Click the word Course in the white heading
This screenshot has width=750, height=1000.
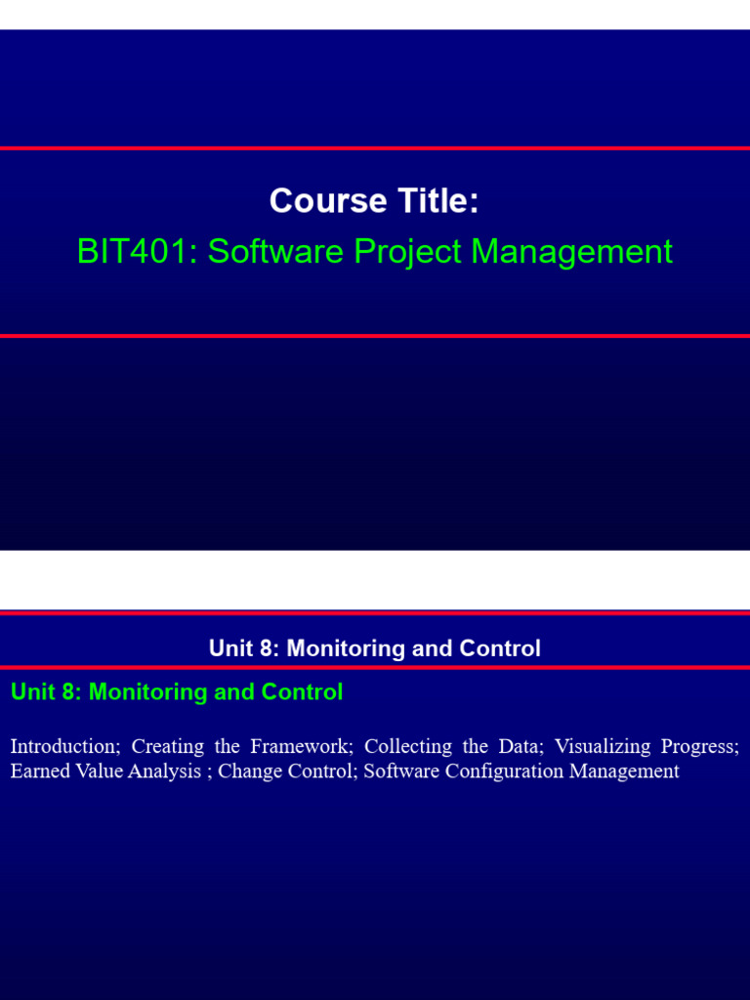pos(314,201)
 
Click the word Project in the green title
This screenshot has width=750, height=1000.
pos(407,252)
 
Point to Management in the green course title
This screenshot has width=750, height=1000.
pos(572,252)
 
